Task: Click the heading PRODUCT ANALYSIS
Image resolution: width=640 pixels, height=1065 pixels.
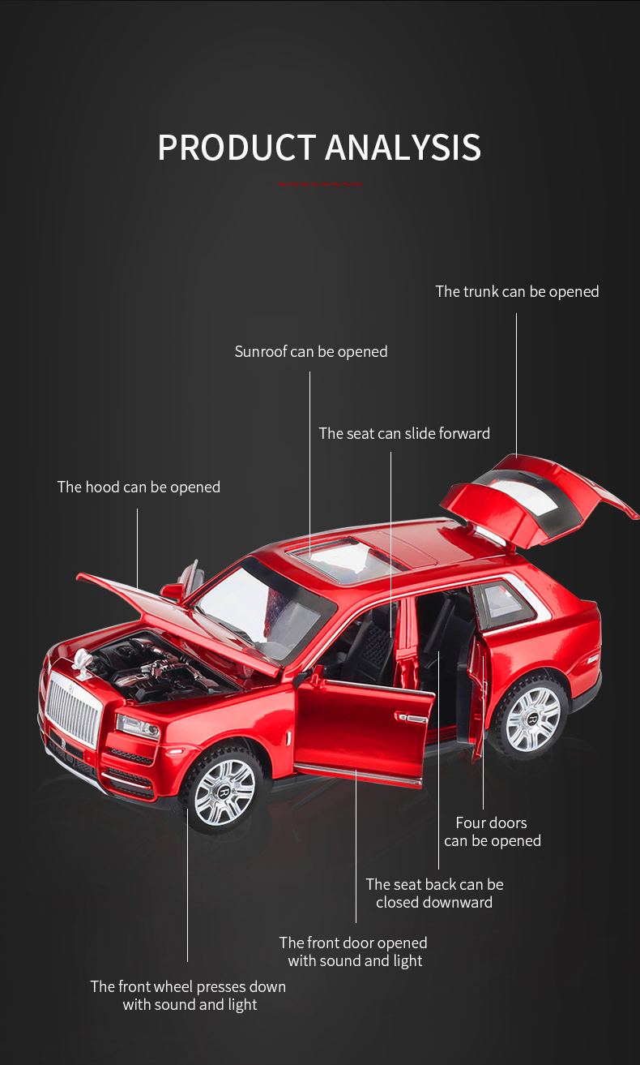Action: coord(319,147)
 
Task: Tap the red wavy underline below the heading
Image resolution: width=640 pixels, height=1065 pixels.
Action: coord(320,184)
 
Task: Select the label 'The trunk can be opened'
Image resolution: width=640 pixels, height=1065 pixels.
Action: coord(517,291)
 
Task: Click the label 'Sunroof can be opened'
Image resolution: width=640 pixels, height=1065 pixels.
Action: coord(311,352)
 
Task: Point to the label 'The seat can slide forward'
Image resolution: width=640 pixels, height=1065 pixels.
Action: coord(404,434)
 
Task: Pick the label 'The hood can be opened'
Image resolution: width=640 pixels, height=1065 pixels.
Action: coord(139,487)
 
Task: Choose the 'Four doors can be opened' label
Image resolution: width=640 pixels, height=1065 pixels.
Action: coord(493,832)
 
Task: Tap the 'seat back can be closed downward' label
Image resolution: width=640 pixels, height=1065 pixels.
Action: coord(434,893)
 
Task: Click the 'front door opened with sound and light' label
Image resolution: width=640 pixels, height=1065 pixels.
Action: coord(353,951)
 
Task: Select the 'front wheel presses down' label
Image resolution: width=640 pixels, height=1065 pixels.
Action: coord(189,995)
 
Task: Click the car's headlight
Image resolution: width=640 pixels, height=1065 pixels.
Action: coord(138,727)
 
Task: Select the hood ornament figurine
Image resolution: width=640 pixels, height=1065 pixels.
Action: coord(81,661)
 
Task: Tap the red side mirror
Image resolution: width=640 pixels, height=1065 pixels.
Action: coord(173,592)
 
